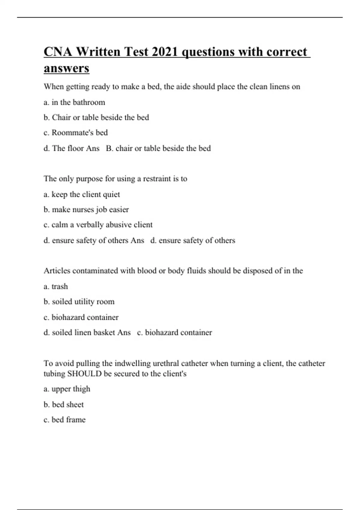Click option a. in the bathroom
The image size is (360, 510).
coord(74,102)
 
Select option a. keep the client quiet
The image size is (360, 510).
coord(82,194)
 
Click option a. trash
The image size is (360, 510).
coord(56,286)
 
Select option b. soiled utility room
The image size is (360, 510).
coord(79,301)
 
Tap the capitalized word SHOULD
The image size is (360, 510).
coord(85,374)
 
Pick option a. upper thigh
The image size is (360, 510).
coord(67,389)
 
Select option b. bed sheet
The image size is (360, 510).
coord(64,404)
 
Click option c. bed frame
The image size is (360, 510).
coord(64,420)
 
